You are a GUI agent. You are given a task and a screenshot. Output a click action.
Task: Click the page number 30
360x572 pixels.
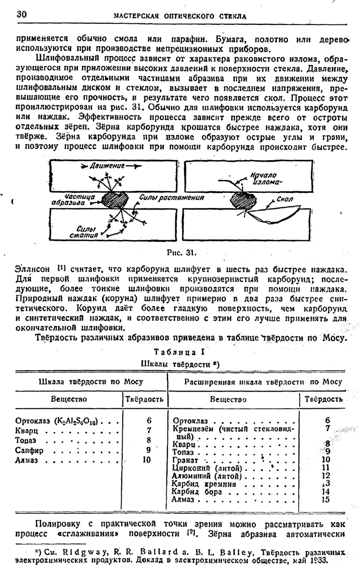[22, 14]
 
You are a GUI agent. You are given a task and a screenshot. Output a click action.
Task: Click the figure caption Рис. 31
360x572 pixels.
[182, 253]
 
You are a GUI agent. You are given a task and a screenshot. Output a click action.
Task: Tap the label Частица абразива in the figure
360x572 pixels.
[81, 200]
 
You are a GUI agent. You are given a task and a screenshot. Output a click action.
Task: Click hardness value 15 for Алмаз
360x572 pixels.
[326, 500]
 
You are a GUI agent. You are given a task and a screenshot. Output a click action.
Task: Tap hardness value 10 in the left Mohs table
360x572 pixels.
[146, 460]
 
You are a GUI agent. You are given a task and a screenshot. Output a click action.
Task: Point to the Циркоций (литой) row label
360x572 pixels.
[201, 468]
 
